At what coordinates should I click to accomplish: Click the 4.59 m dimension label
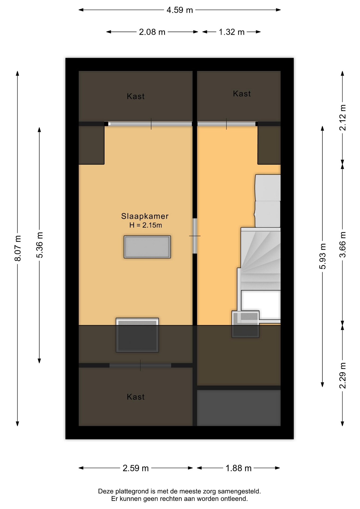pos(179,10)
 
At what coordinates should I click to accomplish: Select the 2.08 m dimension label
pos(152,32)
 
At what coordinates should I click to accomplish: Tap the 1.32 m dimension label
pos(231,32)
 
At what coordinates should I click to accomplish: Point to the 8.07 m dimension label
pos(18,248)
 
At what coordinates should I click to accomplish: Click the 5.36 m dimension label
pos(39,245)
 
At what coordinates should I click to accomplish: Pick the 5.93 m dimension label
pos(323,256)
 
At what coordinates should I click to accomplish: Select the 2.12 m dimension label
pos(343,118)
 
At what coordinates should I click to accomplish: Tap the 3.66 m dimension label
pos(343,244)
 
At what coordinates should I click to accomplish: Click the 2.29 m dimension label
pos(343,375)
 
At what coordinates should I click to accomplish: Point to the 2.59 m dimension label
pos(135,468)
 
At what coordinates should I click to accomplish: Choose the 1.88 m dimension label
pos(238,468)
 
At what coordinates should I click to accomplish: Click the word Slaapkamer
pos(145,216)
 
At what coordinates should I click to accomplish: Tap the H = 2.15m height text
pos(146,225)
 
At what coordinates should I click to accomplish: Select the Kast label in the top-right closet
pos(242,94)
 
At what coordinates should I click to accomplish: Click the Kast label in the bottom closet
pos(136,397)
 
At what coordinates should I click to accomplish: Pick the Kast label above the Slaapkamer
pos(136,96)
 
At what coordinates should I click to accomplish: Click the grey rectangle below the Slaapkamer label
pos(147,247)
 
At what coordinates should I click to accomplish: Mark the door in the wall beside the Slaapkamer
pos(195,236)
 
